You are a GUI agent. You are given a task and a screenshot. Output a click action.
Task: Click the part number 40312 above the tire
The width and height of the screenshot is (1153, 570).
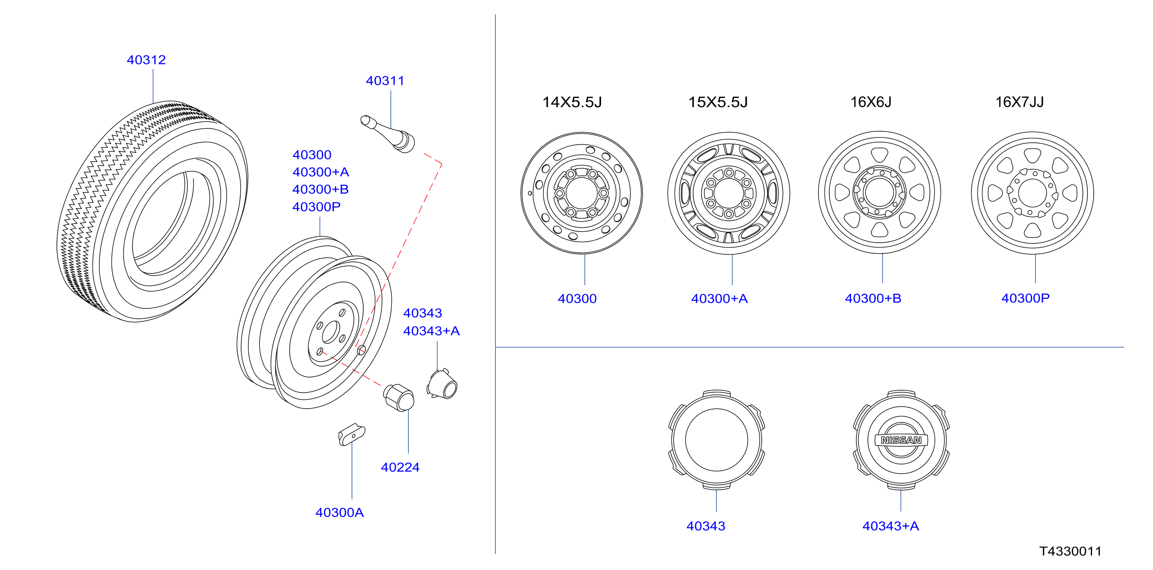coord(146,60)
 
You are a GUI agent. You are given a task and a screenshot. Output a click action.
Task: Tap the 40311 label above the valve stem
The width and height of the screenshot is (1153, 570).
coord(385,81)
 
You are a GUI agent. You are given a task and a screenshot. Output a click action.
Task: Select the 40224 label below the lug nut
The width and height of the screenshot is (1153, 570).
coord(400,467)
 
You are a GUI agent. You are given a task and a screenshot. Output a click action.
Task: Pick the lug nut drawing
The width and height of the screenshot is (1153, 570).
coord(399,398)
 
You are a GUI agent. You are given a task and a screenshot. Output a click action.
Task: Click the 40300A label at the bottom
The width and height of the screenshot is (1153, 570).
coord(339,512)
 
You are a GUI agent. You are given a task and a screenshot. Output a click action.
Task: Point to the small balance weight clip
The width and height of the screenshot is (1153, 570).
coord(352,434)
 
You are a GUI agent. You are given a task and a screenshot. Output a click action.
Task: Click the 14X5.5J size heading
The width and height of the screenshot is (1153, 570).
coord(572,102)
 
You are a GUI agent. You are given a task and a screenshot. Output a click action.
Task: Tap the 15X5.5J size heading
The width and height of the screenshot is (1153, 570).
coord(718,102)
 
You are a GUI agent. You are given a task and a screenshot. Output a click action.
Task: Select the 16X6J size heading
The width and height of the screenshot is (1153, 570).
coord(871,102)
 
